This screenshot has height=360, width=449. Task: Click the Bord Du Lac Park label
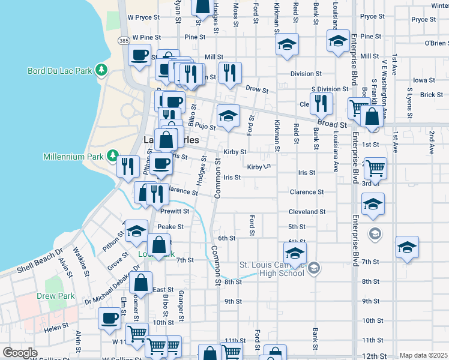coord(59,71)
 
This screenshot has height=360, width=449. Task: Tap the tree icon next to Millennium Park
coord(112,157)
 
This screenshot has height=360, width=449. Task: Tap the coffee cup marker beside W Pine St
coord(139,56)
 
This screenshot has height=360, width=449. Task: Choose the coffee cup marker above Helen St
coord(110,318)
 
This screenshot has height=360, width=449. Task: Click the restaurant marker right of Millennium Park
coord(127,166)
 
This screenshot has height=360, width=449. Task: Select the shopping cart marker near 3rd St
coord(375,168)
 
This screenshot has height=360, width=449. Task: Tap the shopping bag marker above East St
coord(140,282)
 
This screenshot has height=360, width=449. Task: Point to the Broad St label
coord(333,124)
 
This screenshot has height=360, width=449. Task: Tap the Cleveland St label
coord(307,212)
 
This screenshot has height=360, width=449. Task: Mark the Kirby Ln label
coord(259,167)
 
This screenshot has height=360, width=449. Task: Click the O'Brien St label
coord(436,43)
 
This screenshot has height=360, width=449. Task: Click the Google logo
coord(20,353)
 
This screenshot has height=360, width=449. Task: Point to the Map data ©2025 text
coord(423,355)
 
